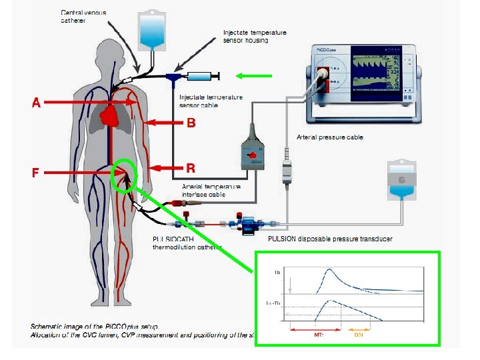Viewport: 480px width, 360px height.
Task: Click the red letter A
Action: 37,103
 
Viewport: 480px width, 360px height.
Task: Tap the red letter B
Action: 191,123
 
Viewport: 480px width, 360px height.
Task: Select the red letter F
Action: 37,173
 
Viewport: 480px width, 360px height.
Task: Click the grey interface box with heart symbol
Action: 253,155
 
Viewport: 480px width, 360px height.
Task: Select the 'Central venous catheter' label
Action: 83,17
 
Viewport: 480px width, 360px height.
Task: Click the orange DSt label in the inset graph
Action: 358,335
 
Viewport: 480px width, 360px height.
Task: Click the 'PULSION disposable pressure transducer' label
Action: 329,239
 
